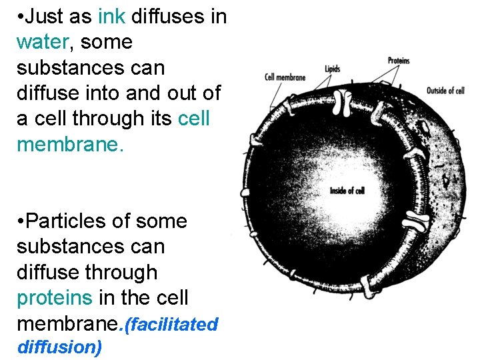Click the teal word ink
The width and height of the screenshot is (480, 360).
click(111, 17)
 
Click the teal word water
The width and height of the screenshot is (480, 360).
click(41, 42)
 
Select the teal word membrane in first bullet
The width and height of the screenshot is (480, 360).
click(69, 144)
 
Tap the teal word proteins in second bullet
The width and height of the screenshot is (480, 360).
click(55, 297)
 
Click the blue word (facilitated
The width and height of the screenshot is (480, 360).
click(173, 325)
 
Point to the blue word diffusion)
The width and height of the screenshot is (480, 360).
click(59, 347)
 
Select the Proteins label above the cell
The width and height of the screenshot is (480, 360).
click(399, 61)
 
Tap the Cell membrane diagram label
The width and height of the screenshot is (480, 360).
click(285, 77)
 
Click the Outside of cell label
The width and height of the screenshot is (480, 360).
click(445, 91)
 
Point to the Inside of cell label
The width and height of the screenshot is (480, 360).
click(347, 191)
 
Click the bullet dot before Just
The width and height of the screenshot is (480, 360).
click(21, 17)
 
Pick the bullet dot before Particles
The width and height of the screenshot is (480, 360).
click(21, 221)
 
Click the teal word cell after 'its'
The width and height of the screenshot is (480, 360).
click(194, 119)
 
